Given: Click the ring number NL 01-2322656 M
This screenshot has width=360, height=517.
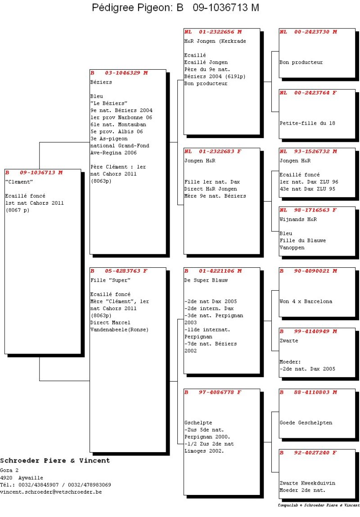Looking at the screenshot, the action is (213, 32).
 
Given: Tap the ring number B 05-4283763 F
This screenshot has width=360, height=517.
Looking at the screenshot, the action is (119, 271).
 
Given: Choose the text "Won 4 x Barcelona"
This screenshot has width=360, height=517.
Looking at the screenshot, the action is (306, 301).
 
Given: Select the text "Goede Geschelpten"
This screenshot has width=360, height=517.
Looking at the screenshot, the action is (306, 423).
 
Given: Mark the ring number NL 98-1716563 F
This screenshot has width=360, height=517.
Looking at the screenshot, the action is (308, 210).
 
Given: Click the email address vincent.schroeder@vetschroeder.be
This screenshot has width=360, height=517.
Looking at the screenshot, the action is (51, 492).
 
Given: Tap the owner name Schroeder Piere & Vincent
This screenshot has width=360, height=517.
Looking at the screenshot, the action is (55, 461).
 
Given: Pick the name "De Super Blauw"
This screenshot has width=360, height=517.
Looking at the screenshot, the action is (206, 280).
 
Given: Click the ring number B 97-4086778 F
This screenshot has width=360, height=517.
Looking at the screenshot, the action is (213, 392).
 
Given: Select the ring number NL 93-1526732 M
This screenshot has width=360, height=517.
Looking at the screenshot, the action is (308, 151).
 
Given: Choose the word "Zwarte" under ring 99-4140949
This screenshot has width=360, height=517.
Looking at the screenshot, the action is (289, 341).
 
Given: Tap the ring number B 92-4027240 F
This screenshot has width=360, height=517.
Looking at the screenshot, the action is (308, 453).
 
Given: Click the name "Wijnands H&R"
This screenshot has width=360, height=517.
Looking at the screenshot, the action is (298, 219).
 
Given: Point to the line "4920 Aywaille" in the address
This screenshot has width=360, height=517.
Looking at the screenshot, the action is (22, 478).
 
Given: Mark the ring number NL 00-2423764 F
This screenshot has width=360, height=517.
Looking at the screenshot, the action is (308, 93).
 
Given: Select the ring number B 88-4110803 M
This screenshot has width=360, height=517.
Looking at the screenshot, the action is (308, 392).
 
